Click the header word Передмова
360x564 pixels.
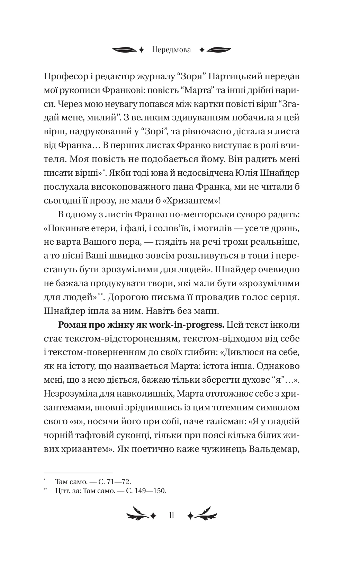point(171,50)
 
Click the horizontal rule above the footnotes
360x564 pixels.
point(79,473)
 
